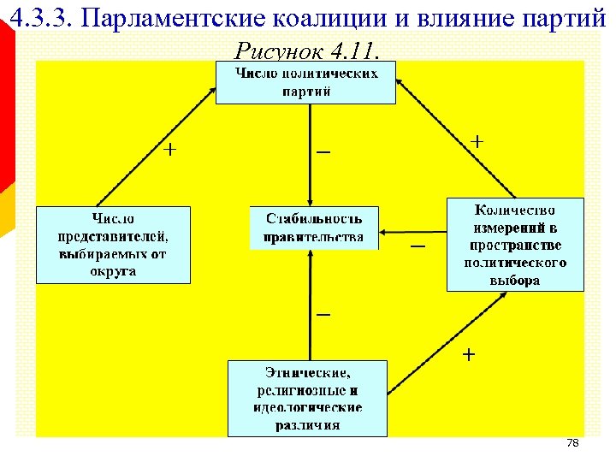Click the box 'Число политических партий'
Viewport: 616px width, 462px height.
[x=305, y=83]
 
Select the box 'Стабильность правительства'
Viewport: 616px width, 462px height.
[x=314, y=227]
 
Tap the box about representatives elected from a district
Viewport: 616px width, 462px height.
[x=112, y=244]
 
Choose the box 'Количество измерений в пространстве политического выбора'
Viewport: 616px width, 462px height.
[x=515, y=244]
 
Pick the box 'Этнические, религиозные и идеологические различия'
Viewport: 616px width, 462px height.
[x=308, y=398]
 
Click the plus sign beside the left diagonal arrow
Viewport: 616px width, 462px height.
[x=171, y=150]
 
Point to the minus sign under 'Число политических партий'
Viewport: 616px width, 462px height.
[x=323, y=152]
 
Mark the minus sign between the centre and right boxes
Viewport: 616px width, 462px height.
[x=417, y=246]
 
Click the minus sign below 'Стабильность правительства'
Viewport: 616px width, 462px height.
[x=323, y=315]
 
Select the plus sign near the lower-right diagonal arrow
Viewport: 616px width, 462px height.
[x=470, y=353]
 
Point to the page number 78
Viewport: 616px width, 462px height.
[x=573, y=443]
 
